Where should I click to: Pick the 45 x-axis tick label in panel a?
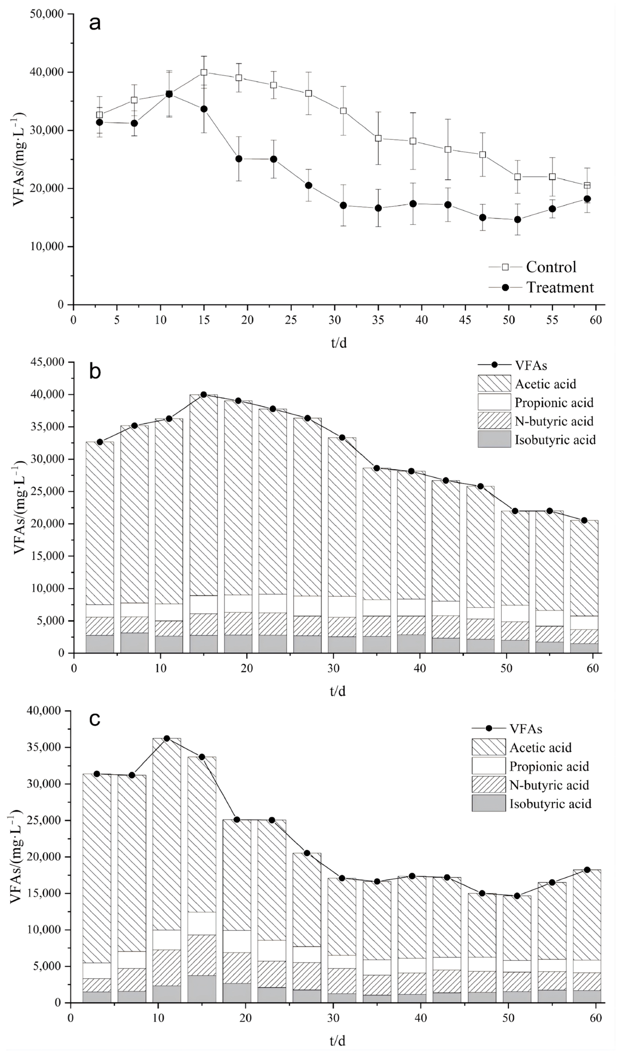click(x=465, y=320)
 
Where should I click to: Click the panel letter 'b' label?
click(x=95, y=371)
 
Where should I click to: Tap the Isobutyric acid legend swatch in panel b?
click(x=494, y=439)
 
